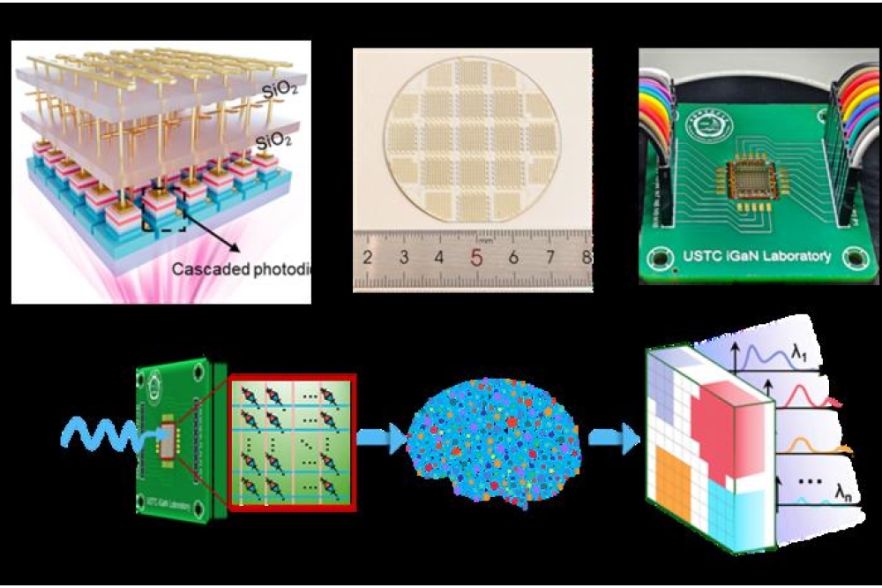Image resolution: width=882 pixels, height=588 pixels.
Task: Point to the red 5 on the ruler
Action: (x=476, y=259)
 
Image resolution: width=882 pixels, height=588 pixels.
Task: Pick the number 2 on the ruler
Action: (x=367, y=259)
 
